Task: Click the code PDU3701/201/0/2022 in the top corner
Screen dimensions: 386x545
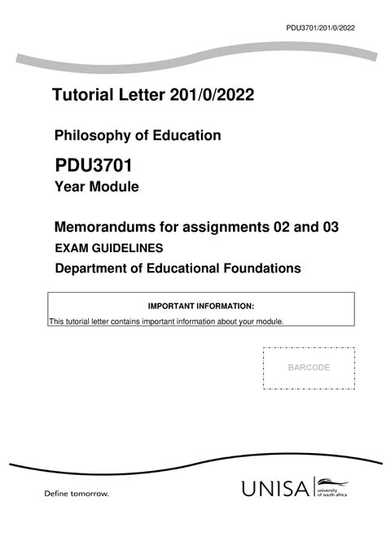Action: [321, 27]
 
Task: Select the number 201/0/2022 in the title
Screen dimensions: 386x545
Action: [212, 97]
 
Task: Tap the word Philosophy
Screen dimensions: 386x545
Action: [93, 135]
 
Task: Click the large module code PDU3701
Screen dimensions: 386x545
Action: [94, 167]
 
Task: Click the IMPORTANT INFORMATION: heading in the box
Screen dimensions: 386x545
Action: [200, 306]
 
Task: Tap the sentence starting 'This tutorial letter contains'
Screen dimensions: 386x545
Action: [167, 322]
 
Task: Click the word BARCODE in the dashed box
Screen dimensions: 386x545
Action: [309, 368]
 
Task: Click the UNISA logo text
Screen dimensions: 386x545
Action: [275, 490]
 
